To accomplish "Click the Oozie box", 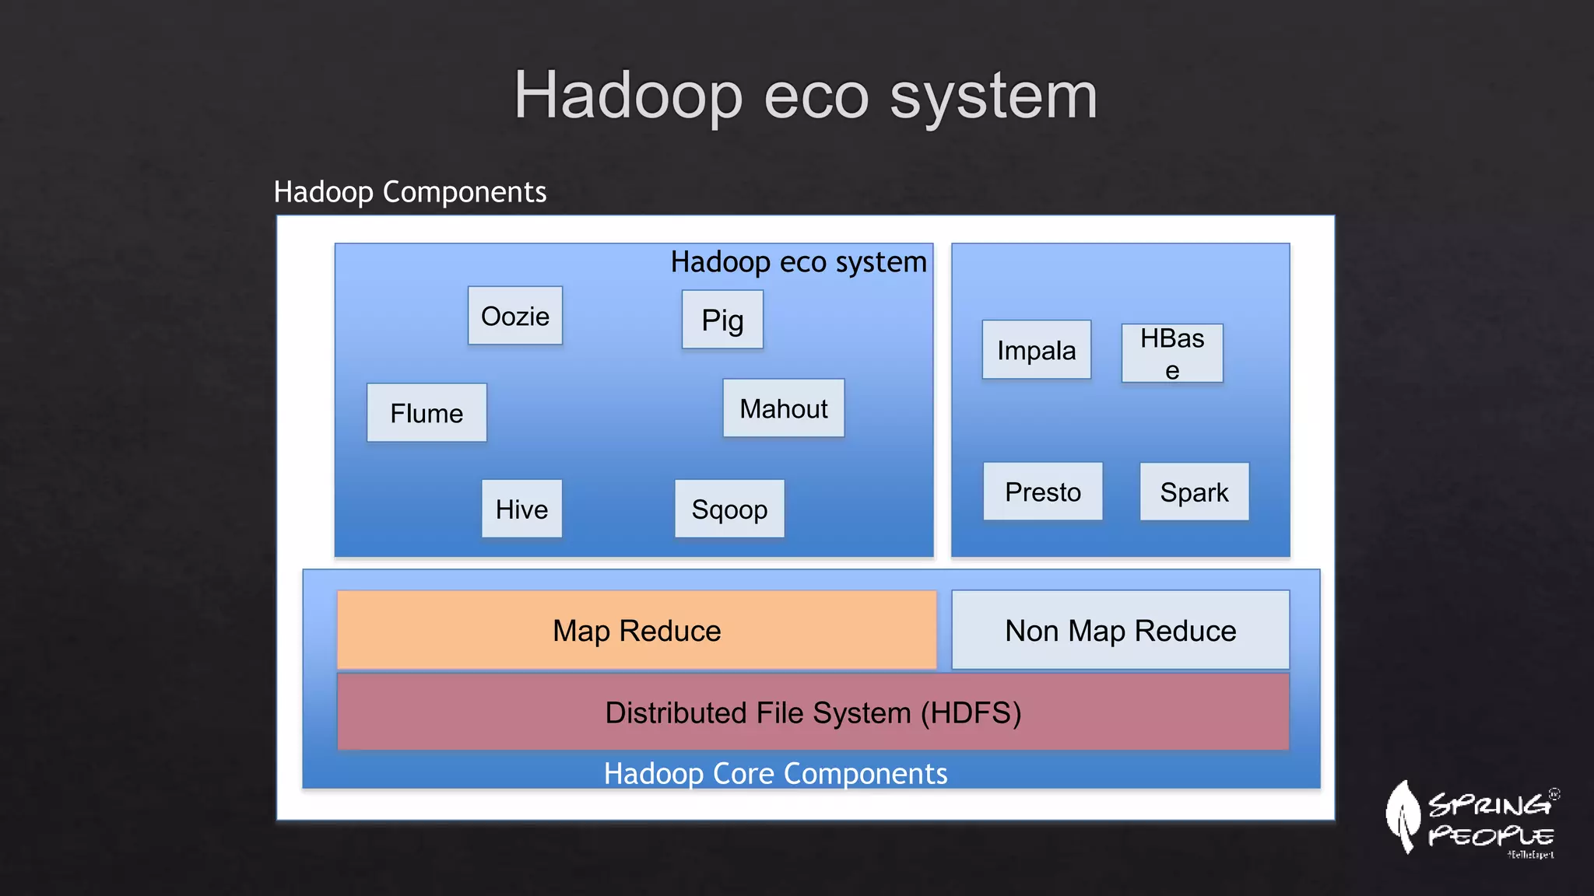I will tap(514, 316).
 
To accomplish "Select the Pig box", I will tap(722, 320).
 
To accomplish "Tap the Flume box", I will tap(427, 413).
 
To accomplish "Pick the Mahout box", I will tap(783, 408).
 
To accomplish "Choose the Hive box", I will tap(521, 509).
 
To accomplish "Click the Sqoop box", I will tap(729, 509).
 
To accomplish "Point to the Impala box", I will tap(1036, 350).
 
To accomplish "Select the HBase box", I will tap(1171, 353).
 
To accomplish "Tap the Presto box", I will tap(1042, 492).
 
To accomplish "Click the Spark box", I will tap(1194, 492).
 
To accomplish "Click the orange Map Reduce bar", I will tap(637, 630).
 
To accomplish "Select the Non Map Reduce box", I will tap(1120, 630).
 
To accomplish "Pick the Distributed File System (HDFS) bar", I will tap(813, 712).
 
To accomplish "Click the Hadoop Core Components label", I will tap(775, 773).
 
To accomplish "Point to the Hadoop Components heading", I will tap(410, 191).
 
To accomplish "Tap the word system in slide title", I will tap(993, 96).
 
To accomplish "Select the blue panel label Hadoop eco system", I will tap(799, 262).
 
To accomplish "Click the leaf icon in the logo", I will tap(1403, 817).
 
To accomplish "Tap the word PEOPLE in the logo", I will tap(1490, 836).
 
